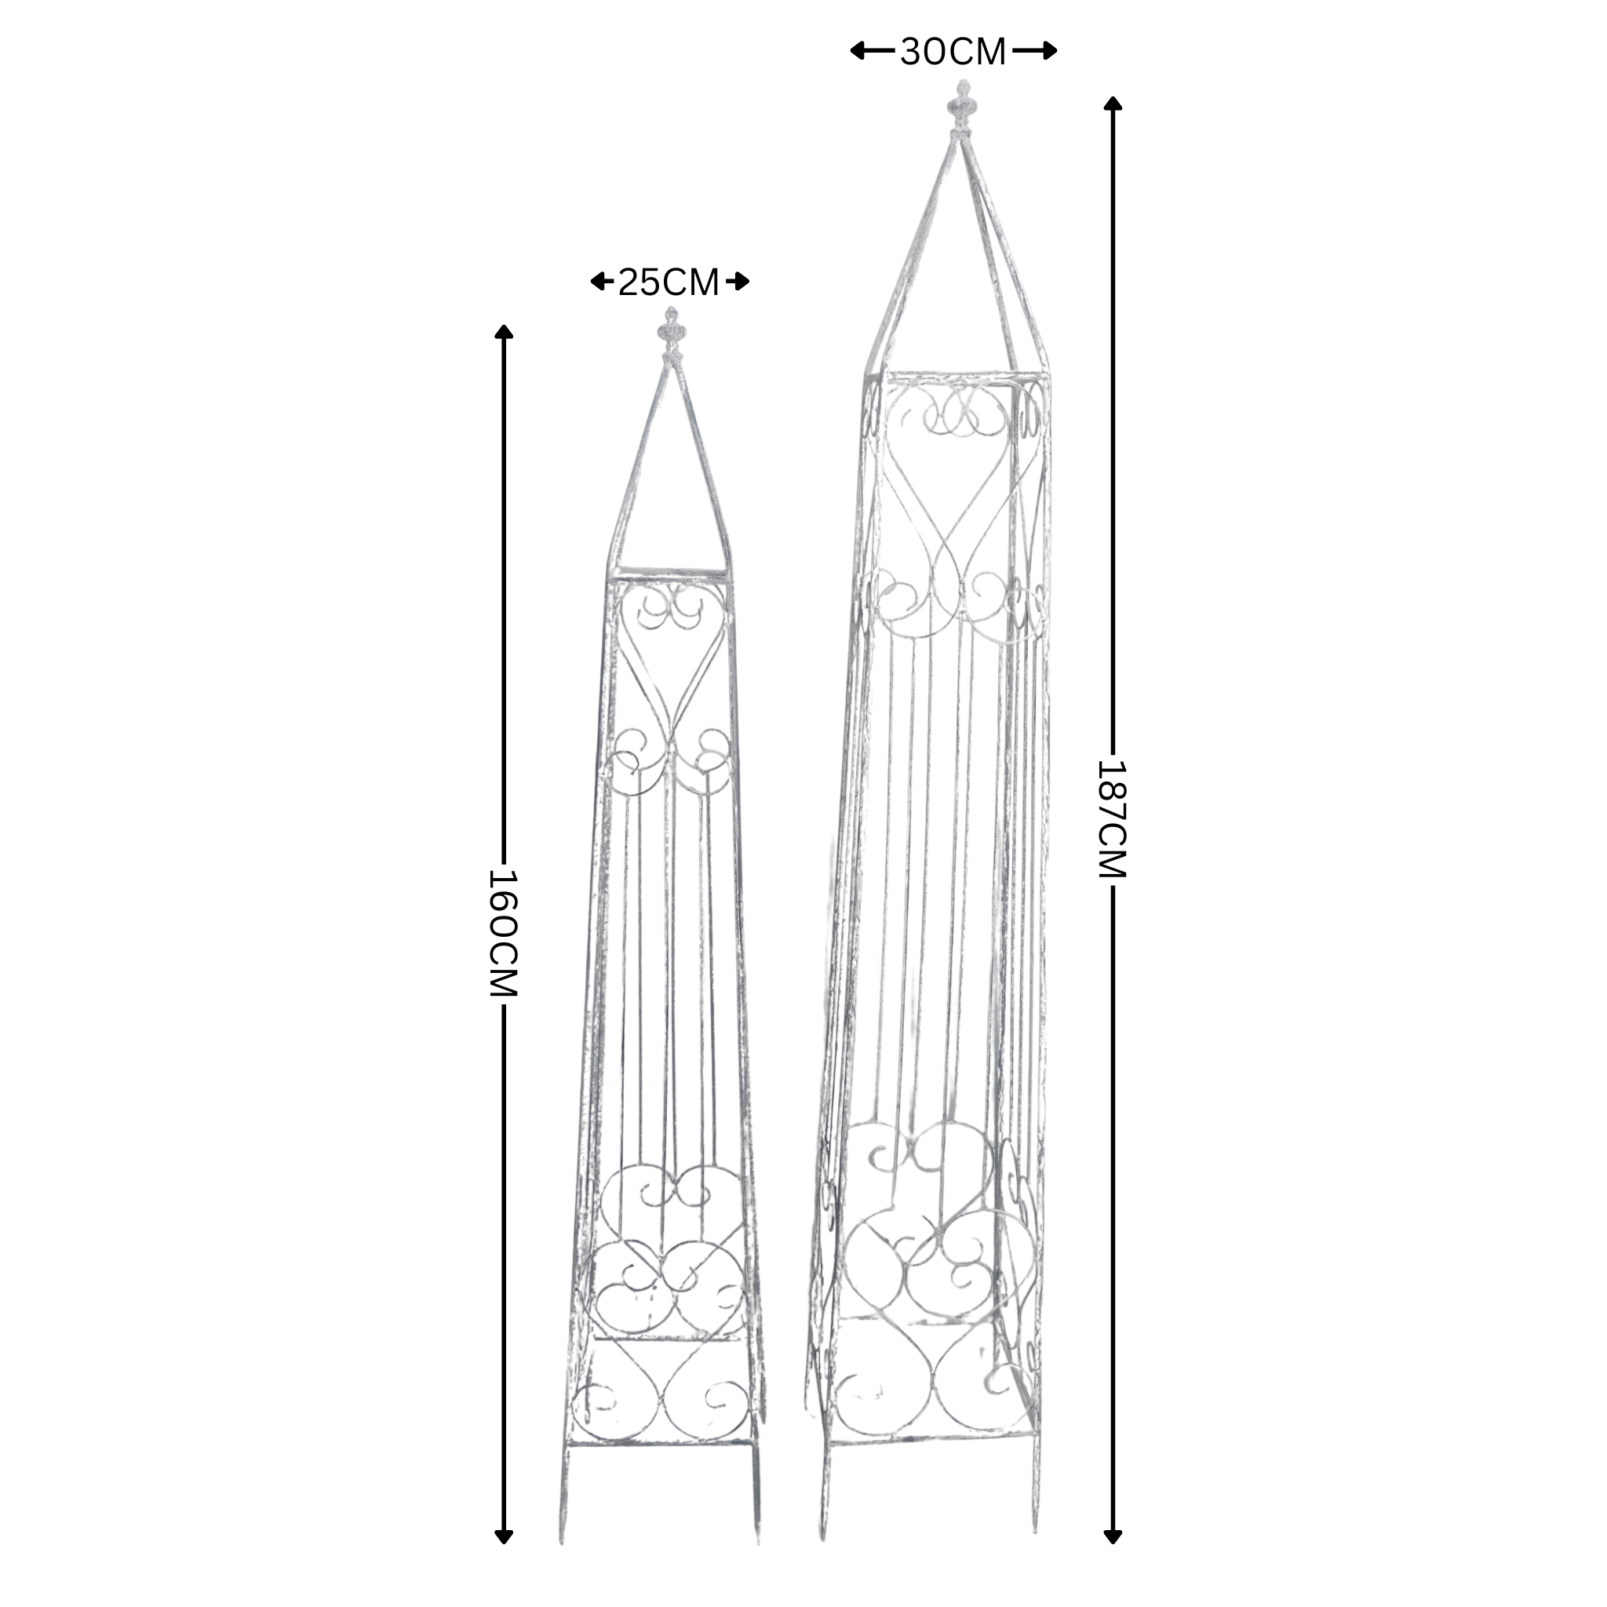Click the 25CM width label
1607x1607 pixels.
point(669,282)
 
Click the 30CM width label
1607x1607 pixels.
point(953,52)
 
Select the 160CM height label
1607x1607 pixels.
point(503,933)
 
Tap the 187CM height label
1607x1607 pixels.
point(1111,818)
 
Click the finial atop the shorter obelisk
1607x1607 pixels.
point(669,334)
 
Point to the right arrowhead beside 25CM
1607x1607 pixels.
point(741,282)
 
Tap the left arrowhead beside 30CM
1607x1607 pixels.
point(858,51)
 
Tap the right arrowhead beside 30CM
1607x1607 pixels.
point(1049,51)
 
